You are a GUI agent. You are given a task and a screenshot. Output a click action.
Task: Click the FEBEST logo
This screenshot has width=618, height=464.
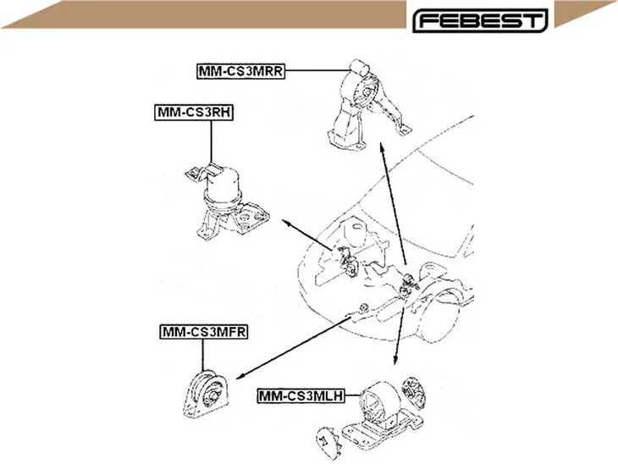[480, 20]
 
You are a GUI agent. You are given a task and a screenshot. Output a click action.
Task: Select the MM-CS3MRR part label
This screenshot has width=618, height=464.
[240, 71]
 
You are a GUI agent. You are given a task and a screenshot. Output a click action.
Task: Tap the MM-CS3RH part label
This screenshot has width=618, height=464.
[194, 113]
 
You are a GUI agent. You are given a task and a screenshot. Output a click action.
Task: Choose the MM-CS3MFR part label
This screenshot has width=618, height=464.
[204, 332]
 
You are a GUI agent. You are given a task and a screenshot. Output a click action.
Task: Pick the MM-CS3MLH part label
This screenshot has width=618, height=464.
[301, 395]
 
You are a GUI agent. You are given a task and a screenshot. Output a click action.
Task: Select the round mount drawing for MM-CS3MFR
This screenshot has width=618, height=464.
[206, 394]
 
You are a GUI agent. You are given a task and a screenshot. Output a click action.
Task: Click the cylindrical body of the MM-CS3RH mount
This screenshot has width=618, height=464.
[223, 185]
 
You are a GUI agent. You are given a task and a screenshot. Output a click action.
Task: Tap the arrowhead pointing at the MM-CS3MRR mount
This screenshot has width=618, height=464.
[381, 147]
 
